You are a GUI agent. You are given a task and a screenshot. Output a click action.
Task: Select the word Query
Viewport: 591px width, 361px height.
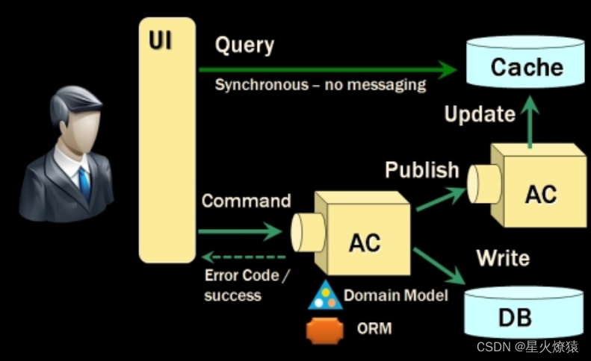point(244,45)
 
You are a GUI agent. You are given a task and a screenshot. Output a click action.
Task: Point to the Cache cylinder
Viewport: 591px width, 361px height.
point(525,62)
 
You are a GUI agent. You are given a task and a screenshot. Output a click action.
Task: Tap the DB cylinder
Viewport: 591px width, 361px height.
point(524,313)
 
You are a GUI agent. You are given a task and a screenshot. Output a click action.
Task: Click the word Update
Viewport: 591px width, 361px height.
point(480,113)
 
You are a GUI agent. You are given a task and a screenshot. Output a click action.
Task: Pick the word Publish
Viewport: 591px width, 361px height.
point(421,170)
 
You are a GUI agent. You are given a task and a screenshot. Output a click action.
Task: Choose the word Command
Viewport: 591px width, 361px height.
point(246,201)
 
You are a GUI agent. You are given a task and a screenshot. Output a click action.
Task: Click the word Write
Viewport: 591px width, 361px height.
point(503,258)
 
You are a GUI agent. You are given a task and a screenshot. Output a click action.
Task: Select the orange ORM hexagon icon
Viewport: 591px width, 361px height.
point(325,331)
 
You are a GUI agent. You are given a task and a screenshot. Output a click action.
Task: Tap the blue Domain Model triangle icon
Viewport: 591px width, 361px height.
point(325,296)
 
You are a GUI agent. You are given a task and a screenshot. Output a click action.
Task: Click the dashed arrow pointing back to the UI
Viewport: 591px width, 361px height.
point(244,257)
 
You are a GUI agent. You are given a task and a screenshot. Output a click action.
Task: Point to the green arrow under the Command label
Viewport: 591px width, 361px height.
point(240,231)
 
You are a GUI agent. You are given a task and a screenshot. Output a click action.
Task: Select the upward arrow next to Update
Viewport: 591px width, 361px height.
point(530,122)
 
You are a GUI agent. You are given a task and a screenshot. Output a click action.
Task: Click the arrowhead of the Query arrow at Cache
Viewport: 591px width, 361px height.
point(448,69)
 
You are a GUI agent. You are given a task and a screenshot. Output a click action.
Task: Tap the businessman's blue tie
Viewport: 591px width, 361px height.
point(84,184)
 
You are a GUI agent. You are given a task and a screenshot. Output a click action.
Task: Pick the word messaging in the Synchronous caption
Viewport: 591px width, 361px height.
point(386,85)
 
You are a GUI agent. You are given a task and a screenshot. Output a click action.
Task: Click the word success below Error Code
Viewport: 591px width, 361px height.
point(232,295)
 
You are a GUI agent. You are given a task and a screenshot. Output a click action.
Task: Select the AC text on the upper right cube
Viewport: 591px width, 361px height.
point(541,195)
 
